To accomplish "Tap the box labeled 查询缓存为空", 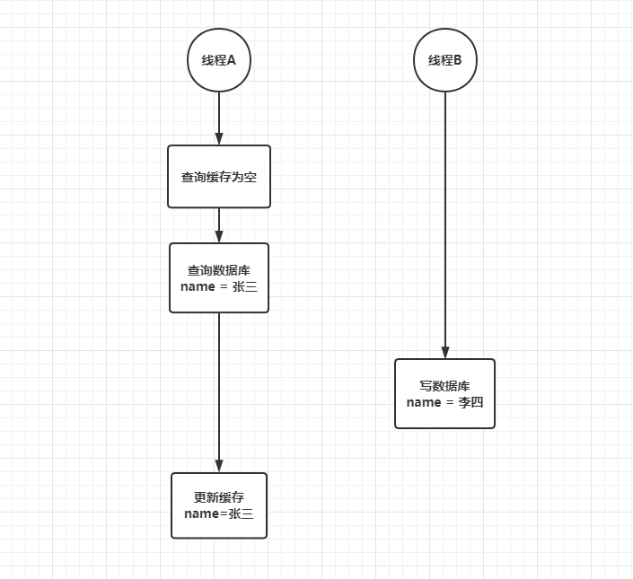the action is click(x=219, y=177).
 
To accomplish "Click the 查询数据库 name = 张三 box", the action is click(x=219, y=278).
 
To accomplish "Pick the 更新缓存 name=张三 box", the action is click(x=219, y=505).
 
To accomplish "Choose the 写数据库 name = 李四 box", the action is click(x=444, y=394).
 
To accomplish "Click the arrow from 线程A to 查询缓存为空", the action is click(x=219, y=118).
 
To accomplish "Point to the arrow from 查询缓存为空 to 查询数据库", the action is click(x=219, y=225).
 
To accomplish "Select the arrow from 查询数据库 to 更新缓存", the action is click(x=219, y=392).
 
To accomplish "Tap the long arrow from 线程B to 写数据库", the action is click(x=445, y=225).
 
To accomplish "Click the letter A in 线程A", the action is click(x=232, y=60).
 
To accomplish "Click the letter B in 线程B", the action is click(x=457, y=60).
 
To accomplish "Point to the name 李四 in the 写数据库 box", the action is click(x=470, y=402).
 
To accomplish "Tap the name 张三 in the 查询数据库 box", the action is click(x=245, y=286).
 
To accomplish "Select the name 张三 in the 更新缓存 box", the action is click(x=241, y=513).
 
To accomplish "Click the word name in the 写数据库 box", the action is click(x=424, y=403).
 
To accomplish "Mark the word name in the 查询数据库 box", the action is click(x=198, y=287).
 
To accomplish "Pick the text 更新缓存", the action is click(x=219, y=497).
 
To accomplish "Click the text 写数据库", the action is click(x=444, y=386).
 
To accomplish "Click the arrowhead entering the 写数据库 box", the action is click(x=445, y=352).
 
